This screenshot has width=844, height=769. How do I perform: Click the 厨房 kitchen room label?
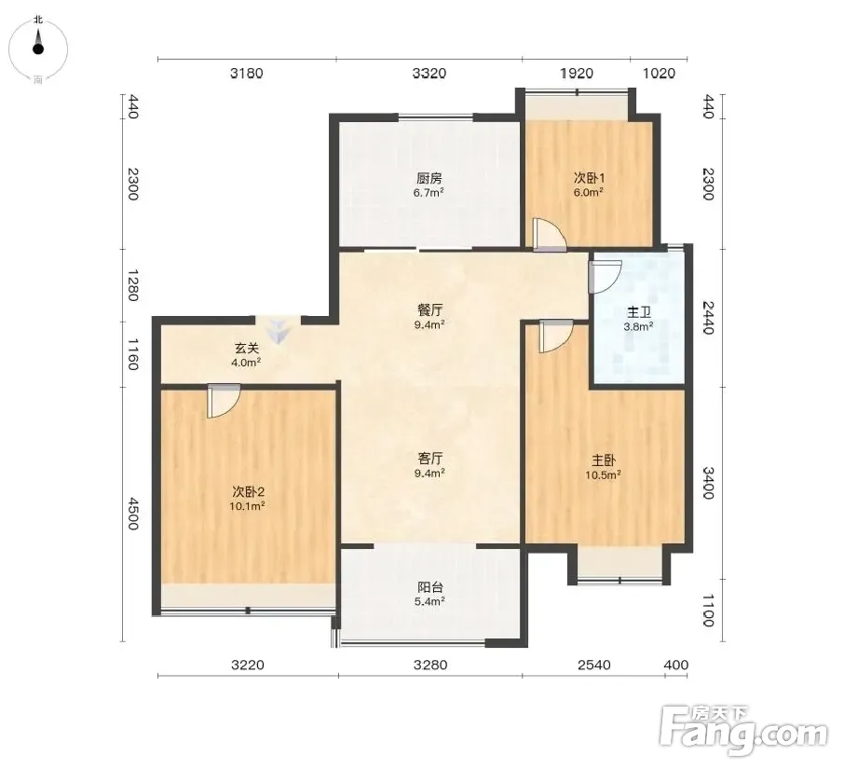pos(429,178)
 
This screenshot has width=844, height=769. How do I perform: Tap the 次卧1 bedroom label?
pos(589,178)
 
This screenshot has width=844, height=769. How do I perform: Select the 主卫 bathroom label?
pos(639,312)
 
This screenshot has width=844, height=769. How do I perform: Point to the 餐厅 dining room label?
pos(429,310)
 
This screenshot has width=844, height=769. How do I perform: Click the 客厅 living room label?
pos(430,459)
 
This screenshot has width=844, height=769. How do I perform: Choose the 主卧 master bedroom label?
pos(604,460)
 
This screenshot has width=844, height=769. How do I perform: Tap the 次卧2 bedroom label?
pos(248,491)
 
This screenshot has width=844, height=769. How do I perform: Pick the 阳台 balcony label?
pos(430,587)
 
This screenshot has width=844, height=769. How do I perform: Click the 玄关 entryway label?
pos(247,349)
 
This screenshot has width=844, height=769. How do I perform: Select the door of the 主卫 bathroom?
pos(606,277)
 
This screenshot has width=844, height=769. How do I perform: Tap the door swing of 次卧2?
pos(224,401)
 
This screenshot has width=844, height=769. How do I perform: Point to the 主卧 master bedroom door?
pos(556,336)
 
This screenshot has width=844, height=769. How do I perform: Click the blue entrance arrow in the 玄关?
pos(279,331)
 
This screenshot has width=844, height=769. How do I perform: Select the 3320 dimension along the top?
pos(429,73)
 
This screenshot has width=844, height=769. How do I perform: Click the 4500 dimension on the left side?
pos(132,515)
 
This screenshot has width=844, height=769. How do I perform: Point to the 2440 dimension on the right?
pos(708,317)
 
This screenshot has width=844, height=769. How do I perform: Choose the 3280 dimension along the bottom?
pos(430,665)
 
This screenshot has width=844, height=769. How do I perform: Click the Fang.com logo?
pos(743,730)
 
